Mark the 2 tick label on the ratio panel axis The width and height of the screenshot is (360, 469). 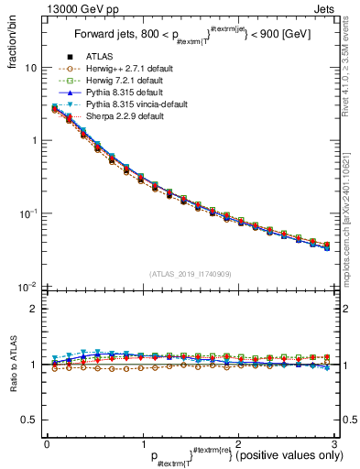point(34,310)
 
